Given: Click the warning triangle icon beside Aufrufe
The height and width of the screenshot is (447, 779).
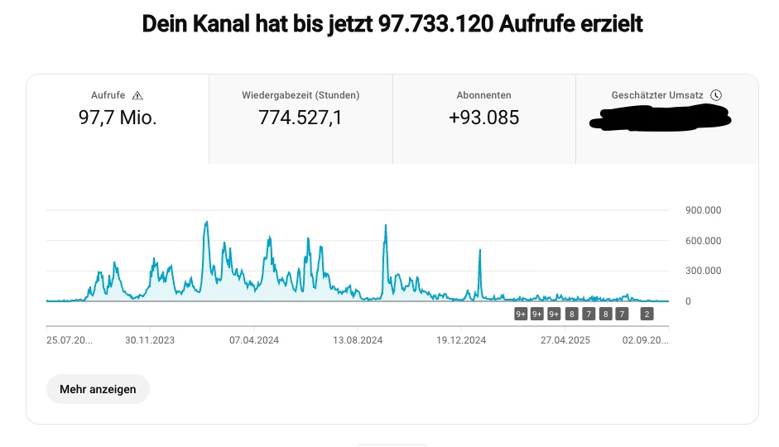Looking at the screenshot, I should [138, 95].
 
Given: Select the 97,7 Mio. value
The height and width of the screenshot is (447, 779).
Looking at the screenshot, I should [118, 118].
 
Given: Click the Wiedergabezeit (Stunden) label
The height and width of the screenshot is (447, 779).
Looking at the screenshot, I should [301, 95].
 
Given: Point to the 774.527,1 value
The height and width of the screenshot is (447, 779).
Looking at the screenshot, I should [301, 118].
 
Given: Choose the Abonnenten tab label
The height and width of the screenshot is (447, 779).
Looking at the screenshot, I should [483, 95].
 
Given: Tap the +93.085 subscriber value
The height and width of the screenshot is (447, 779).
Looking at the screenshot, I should [483, 118].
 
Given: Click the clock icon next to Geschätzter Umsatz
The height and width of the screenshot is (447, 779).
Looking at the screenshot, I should [716, 95].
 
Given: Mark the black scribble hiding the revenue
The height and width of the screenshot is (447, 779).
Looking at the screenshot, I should [661, 123].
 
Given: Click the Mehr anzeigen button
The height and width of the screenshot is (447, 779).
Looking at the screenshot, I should [98, 389].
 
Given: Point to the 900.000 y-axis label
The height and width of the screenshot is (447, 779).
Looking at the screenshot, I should [704, 210].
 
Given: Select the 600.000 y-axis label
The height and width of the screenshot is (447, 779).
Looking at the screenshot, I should [704, 241].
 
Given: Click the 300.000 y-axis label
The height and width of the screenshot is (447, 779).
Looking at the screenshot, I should [704, 271].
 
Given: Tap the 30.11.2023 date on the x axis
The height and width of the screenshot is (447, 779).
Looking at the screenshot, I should [150, 339].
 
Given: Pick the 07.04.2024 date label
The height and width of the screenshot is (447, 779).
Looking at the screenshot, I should [253, 339].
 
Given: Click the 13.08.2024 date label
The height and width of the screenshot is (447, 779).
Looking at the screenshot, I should [358, 339].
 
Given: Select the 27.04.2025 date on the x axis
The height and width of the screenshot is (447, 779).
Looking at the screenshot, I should [565, 339].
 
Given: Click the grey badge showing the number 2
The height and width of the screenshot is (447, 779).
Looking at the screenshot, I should [647, 314].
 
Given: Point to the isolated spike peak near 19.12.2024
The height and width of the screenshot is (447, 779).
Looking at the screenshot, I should [480, 251].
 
